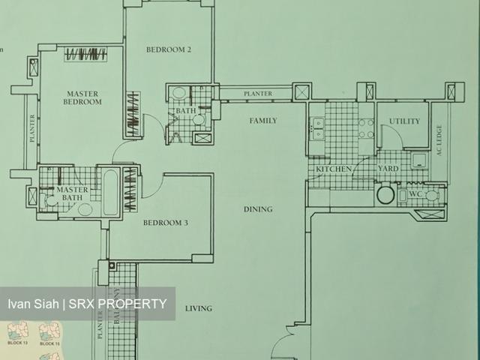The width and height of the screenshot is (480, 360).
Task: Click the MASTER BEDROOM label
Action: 82,97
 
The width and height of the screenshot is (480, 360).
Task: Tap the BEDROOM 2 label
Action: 169,50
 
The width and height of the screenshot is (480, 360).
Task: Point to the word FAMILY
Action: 263,121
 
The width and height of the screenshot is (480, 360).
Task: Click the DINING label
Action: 257,209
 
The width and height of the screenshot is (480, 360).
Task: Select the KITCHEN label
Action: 333,170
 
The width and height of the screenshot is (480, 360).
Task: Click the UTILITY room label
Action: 404,121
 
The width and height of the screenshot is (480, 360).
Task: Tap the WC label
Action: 413,194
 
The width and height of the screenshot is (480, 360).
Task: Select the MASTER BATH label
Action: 73,194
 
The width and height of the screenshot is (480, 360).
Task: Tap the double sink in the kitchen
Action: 317,128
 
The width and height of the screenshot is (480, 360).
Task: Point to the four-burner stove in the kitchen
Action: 366,128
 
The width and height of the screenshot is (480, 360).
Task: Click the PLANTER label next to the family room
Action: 257,94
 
